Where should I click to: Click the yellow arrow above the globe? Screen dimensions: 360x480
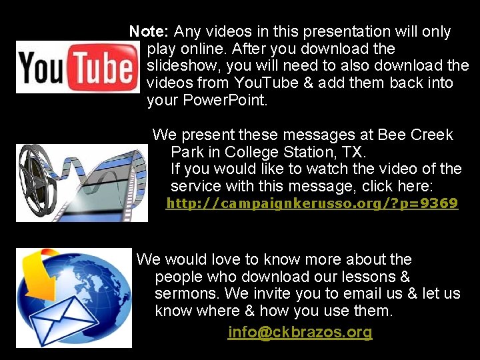(x=38, y=267)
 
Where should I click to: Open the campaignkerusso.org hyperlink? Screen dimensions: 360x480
(x=311, y=203)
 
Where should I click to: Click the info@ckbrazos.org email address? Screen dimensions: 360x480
(x=300, y=332)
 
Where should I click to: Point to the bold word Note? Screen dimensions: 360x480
(x=149, y=31)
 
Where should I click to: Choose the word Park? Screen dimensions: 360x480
(x=187, y=152)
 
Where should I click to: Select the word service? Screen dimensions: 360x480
(x=196, y=187)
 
